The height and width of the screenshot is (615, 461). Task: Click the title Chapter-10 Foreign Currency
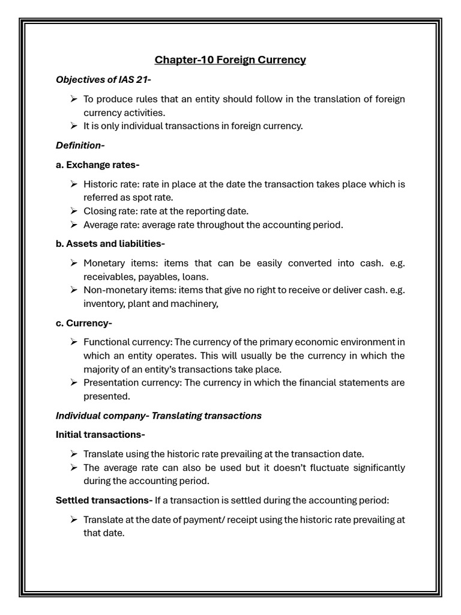pos(230,59)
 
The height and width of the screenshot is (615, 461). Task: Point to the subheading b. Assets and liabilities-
pos(110,243)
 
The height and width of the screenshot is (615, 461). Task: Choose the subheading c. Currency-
pos(84,323)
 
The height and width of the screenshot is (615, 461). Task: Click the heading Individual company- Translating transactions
pos(158,416)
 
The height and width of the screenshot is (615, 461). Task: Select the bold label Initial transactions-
pos(100,434)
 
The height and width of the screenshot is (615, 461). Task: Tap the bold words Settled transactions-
pos(104,500)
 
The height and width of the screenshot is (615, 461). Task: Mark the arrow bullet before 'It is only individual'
pos(73,126)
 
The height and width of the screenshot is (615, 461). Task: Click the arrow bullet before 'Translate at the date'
pos(73,520)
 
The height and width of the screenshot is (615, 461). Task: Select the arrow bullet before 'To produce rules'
pos(73,98)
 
